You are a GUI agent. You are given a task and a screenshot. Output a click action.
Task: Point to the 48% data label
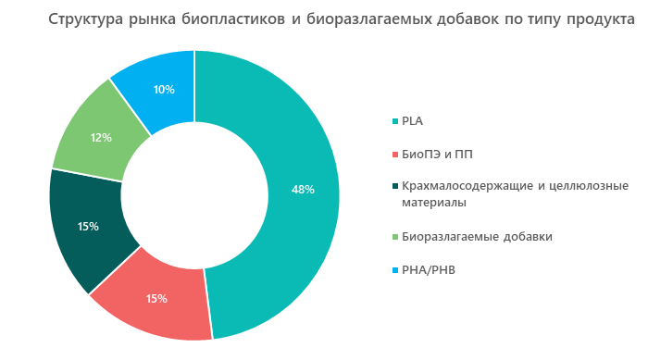pos(303,190)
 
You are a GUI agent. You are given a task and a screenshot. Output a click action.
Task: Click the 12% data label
pos(101,138)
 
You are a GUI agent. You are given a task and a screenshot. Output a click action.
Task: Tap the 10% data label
pos(164,90)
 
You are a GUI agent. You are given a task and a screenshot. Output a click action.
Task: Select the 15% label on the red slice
pos(156,298)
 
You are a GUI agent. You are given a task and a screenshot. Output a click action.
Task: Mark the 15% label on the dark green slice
pos(89,226)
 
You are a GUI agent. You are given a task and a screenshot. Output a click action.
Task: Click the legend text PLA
pos(413,120)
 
